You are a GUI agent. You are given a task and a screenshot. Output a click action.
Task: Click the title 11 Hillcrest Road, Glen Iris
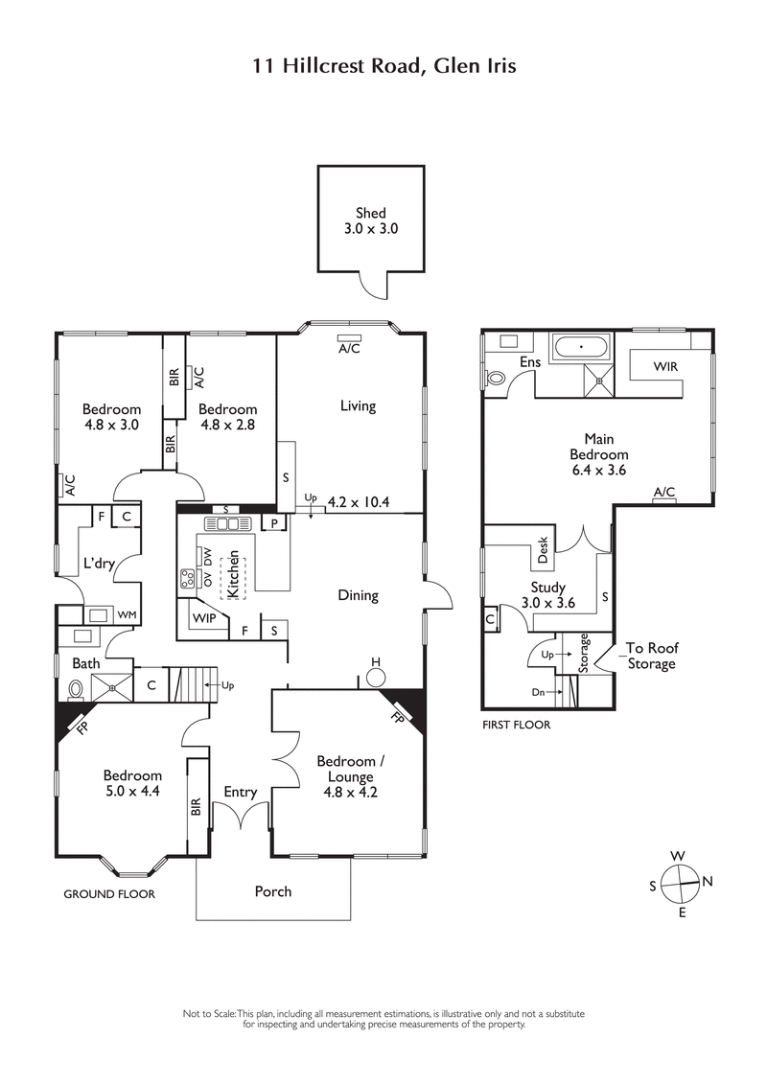pyautogui.click(x=383, y=66)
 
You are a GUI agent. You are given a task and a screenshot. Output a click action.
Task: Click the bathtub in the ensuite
pyautogui.click(x=579, y=346)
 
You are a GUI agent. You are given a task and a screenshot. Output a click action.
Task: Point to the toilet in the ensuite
pyautogui.click(x=496, y=378)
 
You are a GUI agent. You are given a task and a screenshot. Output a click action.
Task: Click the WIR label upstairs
pyautogui.click(x=666, y=366)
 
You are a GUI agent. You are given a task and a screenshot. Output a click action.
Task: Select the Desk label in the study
pyautogui.click(x=543, y=550)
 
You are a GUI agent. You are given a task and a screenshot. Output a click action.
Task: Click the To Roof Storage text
pyautogui.click(x=651, y=656)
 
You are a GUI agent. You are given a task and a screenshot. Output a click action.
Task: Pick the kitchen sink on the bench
pyautogui.click(x=226, y=523)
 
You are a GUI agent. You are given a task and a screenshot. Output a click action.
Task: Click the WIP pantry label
pyautogui.click(x=202, y=618)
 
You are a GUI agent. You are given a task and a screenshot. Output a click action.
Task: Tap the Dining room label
pyautogui.click(x=358, y=595)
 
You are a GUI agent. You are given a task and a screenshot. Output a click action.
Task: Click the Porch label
pyautogui.click(x=272, y=891)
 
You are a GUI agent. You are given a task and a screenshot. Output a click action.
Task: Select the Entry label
pyautogui.click(x=241, y=792)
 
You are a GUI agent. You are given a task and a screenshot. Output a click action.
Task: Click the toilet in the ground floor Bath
pyautogui.click(x=75, y=686)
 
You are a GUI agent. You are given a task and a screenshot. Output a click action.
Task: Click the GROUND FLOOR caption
pyautogui.click(x=108, y=893)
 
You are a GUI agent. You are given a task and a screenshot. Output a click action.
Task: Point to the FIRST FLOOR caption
pyautogui.click(x=517, y=726)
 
